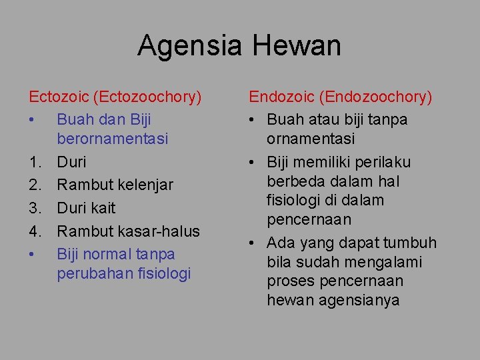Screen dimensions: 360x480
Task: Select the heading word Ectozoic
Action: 58,97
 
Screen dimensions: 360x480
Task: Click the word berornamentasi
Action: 112,139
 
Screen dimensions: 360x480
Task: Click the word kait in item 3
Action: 103,208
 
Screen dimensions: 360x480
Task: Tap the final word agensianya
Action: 355,301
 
